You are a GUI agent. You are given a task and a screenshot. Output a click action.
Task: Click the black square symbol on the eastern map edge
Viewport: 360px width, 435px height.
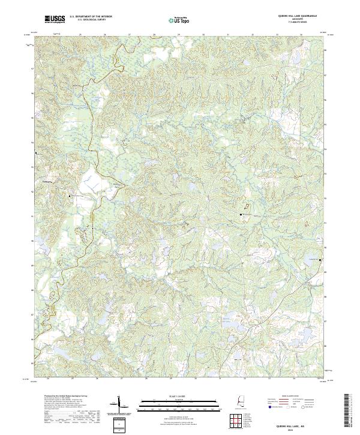pyautogui.click(x=320, y=259)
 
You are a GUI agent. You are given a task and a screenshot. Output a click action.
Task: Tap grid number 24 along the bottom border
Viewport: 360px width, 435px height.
pyautogui.click(x=46, y=379)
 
